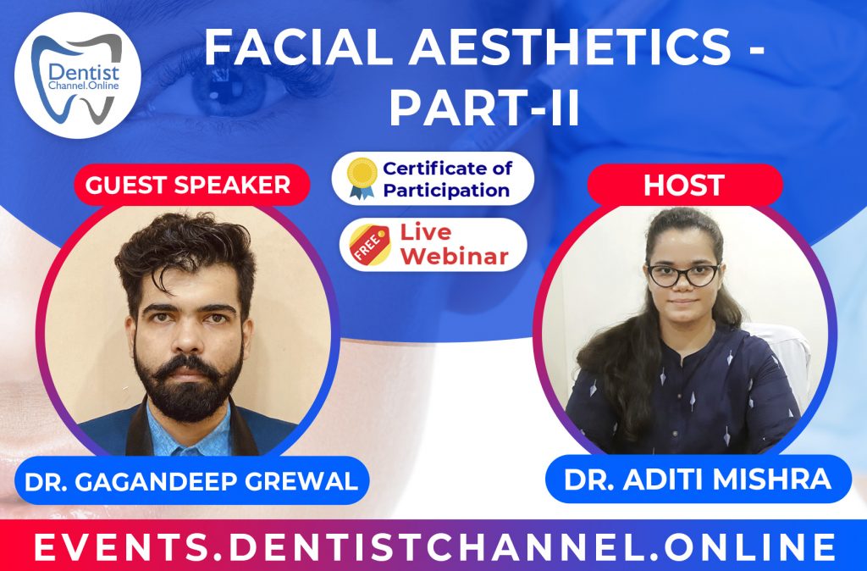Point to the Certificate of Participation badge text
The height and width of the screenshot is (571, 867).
tap(446, 179)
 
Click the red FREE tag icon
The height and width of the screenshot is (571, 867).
tap(366, 245)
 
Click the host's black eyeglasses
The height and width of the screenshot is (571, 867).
tap(682, 274)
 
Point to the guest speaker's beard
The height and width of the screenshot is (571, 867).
tap(188, 385)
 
